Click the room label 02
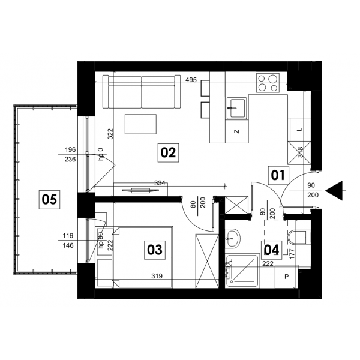coord(168,152)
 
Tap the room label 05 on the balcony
coord(49,199)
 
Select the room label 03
coord(155,250)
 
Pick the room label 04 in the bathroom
coord(272,250)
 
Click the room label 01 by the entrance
coord(278,175)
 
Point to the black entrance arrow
coord(334,190)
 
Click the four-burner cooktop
coord(268,83)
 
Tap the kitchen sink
coord(237,108)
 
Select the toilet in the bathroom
coord(296,238)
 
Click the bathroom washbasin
coord(232,239)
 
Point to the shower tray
coord(242,271)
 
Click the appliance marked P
coord(287,277)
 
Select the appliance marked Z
coord(237,131)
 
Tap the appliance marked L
coord(299,130)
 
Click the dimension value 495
coord(191,80)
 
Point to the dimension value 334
coord(160,183)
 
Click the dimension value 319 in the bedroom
coord(157,276)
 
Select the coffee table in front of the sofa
coord(140,124)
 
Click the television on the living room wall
coord(140,190)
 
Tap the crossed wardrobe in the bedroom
coord(207,261)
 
